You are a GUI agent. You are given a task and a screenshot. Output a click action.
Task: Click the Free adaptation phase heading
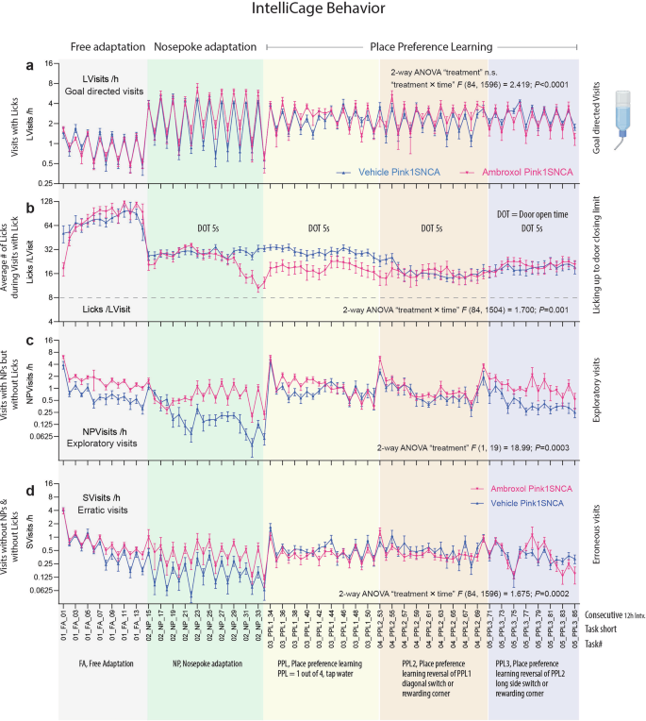102,46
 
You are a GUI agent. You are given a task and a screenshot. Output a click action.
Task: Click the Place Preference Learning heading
422,46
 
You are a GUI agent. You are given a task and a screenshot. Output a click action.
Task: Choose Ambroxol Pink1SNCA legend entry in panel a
514,174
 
